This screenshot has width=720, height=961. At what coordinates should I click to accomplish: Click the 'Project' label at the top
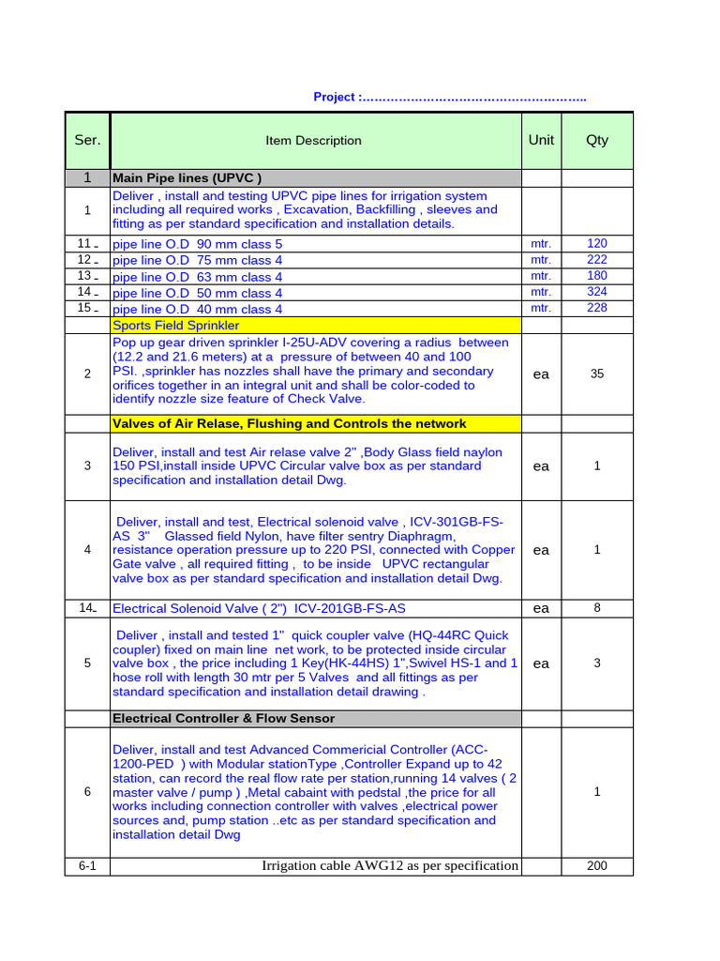pos(335,98)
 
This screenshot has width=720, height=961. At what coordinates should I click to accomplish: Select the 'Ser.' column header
pos(87,140)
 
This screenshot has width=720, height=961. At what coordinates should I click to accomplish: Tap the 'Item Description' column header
pos(313,141)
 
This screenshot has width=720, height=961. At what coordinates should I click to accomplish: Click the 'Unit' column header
pos(541,140)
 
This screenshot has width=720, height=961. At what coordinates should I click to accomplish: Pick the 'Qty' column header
pos(597,140)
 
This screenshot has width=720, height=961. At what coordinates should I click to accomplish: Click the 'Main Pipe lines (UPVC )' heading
pos(187,177)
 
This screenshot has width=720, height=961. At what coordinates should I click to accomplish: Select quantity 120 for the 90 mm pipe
pos(597,243)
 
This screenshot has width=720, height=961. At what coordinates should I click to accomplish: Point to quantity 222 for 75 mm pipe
pos(597,260)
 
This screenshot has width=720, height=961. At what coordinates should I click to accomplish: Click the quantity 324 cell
pos(597,292)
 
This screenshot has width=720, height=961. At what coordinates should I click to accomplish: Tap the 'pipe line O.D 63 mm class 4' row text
pos(197,277)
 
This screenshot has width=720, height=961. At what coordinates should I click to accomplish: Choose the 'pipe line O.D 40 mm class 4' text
pos(197,309)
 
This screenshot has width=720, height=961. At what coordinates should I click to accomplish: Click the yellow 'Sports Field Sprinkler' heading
pos(175,326)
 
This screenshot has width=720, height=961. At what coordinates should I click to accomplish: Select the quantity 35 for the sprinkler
pos(597,374)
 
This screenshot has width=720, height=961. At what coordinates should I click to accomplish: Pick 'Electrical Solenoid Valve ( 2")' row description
pos(259,608)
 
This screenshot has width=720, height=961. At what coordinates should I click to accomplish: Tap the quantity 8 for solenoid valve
pos(597,608)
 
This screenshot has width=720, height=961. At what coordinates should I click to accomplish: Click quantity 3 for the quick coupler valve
pos(597,664)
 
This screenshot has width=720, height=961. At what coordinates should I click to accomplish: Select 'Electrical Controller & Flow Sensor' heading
pos(223,718)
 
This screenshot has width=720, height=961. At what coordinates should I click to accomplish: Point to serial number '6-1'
pos(87,866)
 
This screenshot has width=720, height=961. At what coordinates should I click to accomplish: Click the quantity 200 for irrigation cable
pos(597,866)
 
